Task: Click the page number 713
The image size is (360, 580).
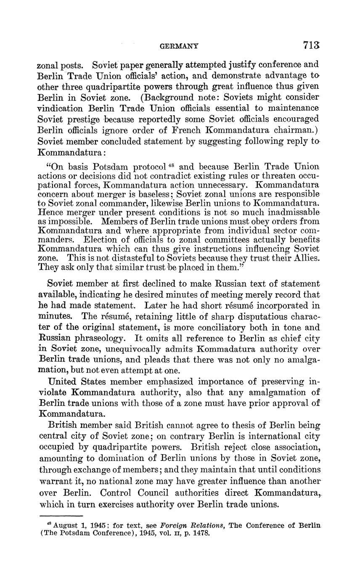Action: point(311,45)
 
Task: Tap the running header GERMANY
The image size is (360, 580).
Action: point(180,46)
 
